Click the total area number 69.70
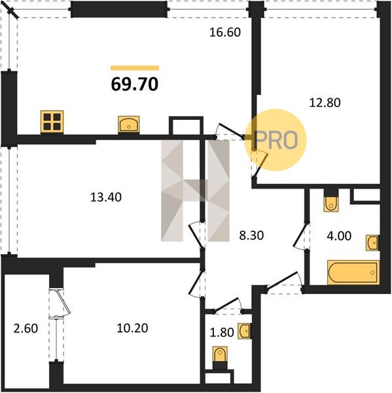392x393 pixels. click(135, 84)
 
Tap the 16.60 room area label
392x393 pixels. click(225, 32)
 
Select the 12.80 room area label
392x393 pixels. click(325, 103)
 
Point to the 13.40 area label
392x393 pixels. click(106, 197)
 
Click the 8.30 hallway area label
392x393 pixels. click(251, 236)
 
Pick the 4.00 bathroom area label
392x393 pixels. click(339, 236)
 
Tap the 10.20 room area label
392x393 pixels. click(132, 328)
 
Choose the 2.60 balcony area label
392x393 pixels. click(26, 329)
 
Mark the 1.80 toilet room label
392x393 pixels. click(222, 332)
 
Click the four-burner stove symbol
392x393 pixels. click(52, 122)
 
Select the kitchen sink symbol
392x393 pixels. click(129, 124)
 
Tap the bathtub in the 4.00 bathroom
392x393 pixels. click(353, 272)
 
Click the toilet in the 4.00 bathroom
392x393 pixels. click(331, 204)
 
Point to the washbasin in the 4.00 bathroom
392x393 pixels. click(372, 242)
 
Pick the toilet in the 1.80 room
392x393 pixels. click(220, 354)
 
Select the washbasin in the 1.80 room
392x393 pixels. click(244, 331)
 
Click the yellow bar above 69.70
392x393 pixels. click(135, 68)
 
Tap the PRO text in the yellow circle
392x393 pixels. click(276, 140)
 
